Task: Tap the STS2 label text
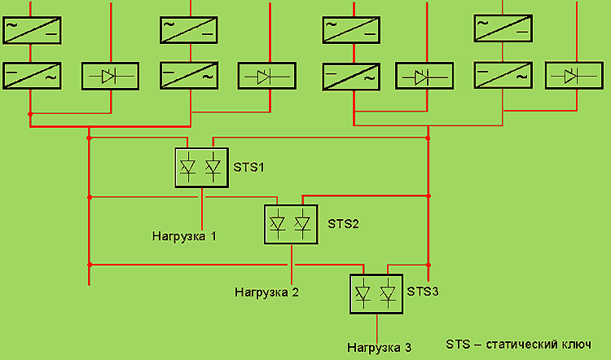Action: [343, 223]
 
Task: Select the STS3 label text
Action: [423, 291]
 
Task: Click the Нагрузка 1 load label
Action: [184, 237]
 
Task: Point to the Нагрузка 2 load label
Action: [266, 291]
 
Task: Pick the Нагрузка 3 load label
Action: [379, 348]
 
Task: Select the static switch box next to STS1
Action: [201, 167]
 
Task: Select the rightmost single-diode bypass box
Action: [574, 76]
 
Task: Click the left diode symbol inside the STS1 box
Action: [189, 167]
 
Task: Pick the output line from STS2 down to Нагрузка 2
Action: [292, 261]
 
